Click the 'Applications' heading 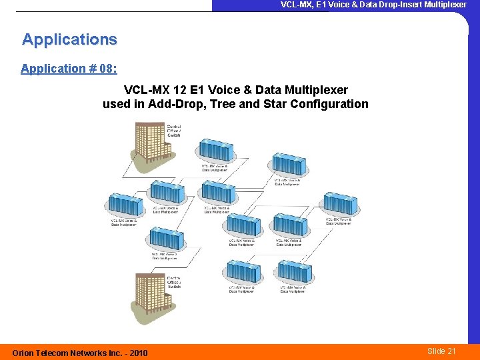pyautogui.click(x=69, y=39)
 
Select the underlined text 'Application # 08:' pyautogui.click(x=63, y=69)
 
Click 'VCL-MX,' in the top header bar pyautogui.click(x=297, y=5)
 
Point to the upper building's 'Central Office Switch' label pyautogui.click(x=173, y=131)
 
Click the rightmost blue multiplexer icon pyautogui.click(x=341, y=204)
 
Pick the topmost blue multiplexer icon pyautogui.click(x=216, y=151)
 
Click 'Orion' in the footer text pyautogui.click(x=25, y=353)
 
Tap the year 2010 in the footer pyautogui.click(x=136, y=353)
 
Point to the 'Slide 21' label pyautogui.click(x=441, y=351)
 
